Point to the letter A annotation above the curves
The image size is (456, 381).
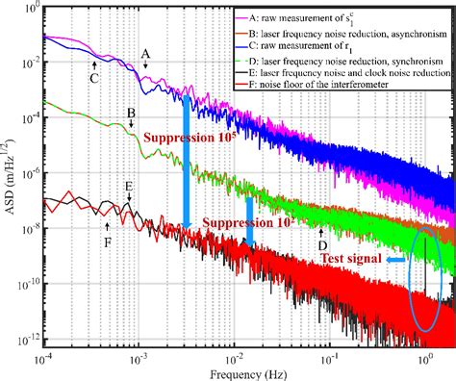tap(146, 53)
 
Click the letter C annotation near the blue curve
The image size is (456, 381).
tap(95, 78)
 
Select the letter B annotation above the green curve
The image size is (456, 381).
tap(130, 114)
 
